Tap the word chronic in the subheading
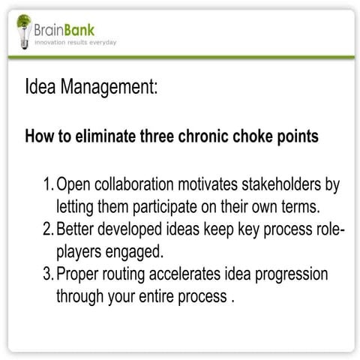(x=202, y=137)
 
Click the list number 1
(x=46, y=184)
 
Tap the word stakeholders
(x=284, y=184)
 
